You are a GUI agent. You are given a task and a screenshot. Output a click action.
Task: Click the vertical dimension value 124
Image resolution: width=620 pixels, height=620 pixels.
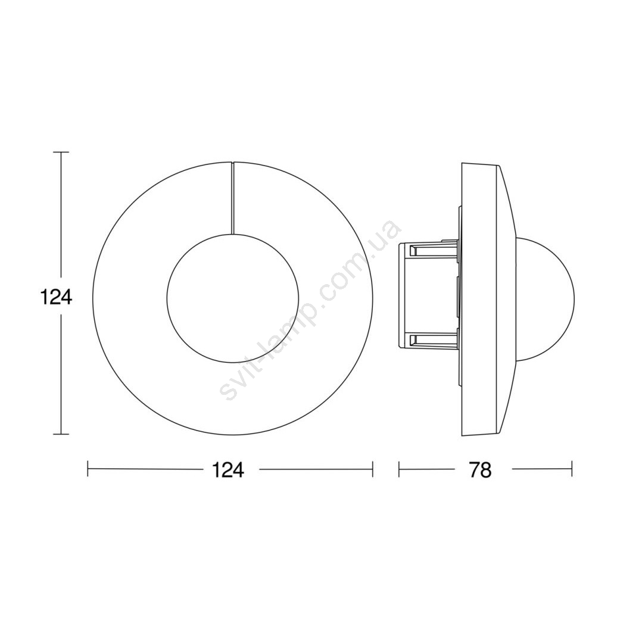57,297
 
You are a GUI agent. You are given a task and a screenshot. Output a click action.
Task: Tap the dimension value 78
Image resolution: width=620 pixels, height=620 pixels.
481,470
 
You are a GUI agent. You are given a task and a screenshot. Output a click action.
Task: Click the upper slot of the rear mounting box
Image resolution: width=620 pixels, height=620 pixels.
433,250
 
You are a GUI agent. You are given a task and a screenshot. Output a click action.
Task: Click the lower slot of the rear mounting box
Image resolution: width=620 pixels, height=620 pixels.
433,340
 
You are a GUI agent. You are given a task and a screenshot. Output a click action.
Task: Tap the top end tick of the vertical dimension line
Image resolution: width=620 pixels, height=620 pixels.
61,152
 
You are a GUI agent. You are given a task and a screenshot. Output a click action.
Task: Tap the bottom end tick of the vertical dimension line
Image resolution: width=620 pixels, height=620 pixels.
61,435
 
